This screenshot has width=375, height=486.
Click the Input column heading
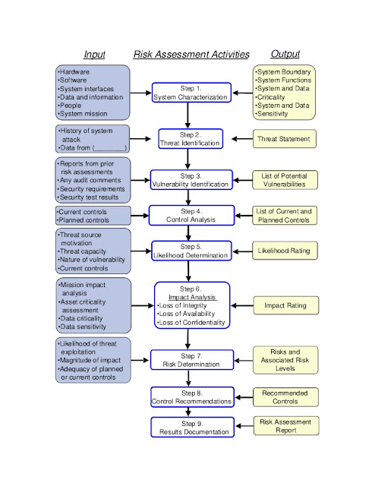(95, 55)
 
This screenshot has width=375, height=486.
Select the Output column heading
(285, 54)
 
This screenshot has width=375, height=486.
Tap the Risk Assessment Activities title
(191, 55)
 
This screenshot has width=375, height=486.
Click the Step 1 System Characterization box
(191, 93)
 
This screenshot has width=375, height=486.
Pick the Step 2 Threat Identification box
(191, 139)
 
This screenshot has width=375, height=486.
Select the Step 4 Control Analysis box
(191, 216)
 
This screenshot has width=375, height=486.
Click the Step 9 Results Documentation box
(193, 428)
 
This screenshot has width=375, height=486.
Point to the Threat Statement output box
(285, 139)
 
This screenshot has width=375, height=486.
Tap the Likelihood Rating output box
(285, 251)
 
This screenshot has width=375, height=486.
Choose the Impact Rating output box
(285, 305)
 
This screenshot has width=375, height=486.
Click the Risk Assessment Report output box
(286, 426)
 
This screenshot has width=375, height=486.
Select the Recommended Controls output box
(285, 397)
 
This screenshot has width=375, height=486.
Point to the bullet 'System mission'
(83, 114)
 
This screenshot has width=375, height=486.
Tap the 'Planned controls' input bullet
(83, 220)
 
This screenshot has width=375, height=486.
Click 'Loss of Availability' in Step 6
(186, 314)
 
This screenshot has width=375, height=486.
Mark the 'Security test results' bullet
(89, 197)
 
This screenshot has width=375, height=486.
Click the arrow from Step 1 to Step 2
(187, 115)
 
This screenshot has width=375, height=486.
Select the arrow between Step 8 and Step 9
(188, 412)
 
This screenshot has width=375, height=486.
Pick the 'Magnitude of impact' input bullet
(90, 361)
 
